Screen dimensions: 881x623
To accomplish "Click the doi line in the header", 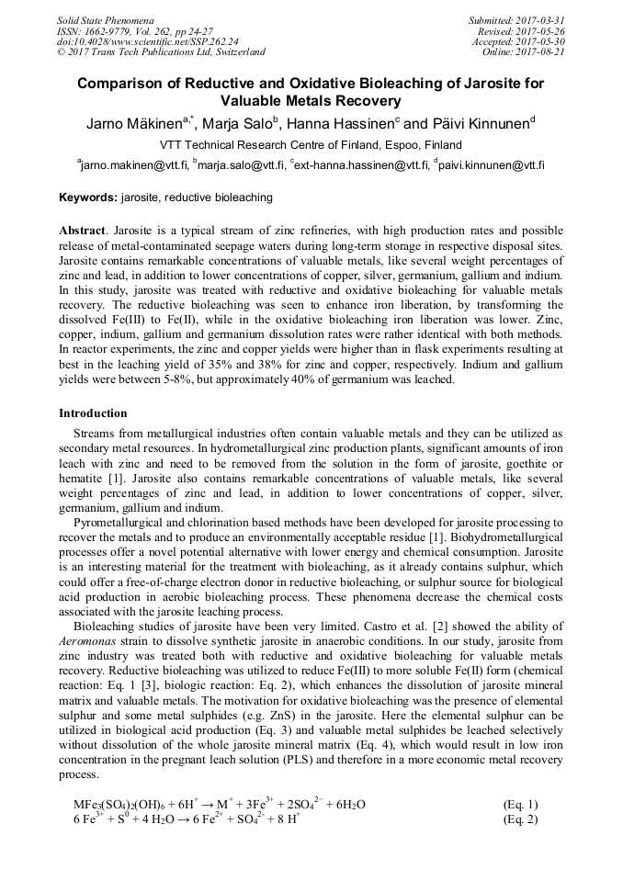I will coord(148,41).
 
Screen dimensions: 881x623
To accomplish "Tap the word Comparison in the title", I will coord(123,83).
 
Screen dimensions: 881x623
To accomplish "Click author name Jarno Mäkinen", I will coord(125,124).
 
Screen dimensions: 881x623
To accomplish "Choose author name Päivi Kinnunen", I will coord(479,124).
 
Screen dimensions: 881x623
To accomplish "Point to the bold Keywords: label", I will coord(88,198).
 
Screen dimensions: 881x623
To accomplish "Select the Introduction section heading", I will coord(93,413).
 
